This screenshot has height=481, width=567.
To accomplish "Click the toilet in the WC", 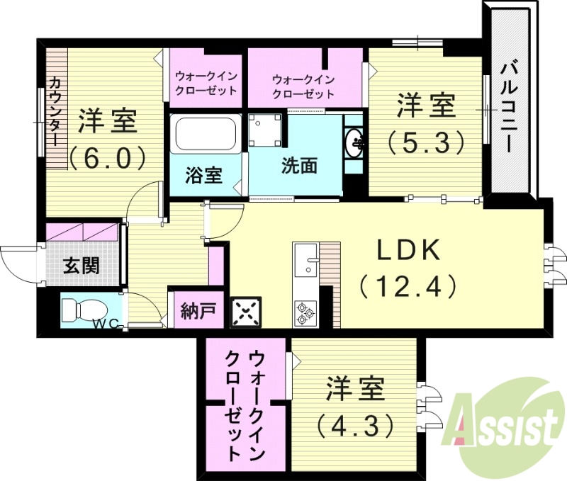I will pyautogui.click(x=79, y=310).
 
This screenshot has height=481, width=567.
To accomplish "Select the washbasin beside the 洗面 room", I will pyautogui.click(x=354, y=145).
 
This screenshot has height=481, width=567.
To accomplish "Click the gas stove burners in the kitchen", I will pyautogui.click(x=305, y=313).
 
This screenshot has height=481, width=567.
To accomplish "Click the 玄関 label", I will pyautogui.click(x=80, y=266).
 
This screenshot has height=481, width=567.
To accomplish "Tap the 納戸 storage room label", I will pyautogui.click(x=192, y=310).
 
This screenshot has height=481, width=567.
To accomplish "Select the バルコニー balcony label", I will pyautogui.click(x=508, y=106).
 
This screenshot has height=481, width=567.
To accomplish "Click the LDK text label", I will pyautogui.click(x=408, y=249).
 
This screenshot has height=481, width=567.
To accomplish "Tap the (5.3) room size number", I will pyautogui.click(x=425, y=142).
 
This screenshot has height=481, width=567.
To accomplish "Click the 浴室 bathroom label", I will pyautogui.click(x=203, y=175).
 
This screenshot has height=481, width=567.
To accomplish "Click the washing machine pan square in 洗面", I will pyautogui.click(x=266, y=130).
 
